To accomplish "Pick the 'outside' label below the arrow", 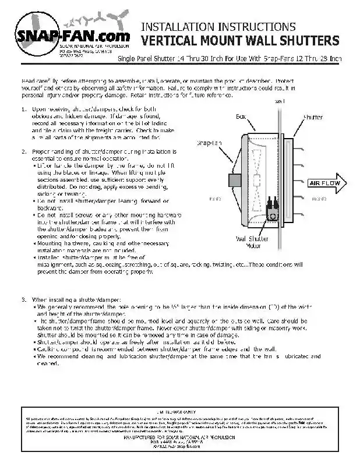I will coord(319,199).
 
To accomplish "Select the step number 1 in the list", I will coord(23,109).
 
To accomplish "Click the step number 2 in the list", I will coord(23,151).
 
